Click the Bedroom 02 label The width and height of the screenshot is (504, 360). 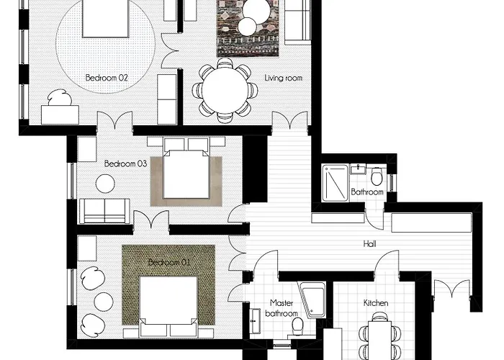[x=107, y=78]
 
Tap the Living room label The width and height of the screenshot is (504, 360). [x=283, y=78]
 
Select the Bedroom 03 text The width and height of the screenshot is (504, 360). [x=126, y=163]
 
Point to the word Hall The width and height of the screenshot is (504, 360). [x=369, y=244]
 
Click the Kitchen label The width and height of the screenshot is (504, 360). [x=376, y=303]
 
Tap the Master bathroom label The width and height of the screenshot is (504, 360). [x=282, y=308]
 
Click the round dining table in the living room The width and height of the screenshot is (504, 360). [x=225, y=90]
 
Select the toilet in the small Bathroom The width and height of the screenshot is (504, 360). [x=377, y=176]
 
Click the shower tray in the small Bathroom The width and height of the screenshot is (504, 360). [x=336, y=183]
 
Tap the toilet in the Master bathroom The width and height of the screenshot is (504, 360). [x=297, y=325]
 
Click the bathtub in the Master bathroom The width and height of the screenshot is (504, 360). [x=312, y=300]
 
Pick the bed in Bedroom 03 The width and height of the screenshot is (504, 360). [x=186, y=169]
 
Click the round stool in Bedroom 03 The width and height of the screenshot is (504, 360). [x=105, y=184]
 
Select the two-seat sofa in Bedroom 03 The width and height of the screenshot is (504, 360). [x=104, y=211]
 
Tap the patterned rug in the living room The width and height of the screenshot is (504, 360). [x=248, y=28]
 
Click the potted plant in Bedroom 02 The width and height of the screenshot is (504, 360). [x=60, y=97]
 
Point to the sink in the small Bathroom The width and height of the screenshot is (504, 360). [x=358, y=169]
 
